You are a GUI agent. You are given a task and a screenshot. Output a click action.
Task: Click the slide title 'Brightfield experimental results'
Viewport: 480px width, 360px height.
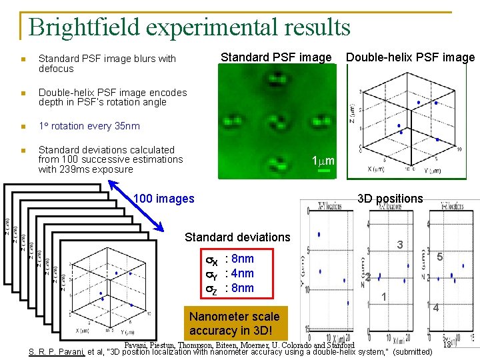pyautogui.click(x=190, y=27)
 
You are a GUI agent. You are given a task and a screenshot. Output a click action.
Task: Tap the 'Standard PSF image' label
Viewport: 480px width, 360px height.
pyautogui.click(x=276, y=57)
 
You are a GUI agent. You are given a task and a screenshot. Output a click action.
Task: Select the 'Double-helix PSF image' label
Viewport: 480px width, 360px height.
pyautogui.click(x=410, y=57)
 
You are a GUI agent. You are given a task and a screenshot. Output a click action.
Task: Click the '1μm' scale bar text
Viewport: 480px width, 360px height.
pyautogui.click(x=323, y=161)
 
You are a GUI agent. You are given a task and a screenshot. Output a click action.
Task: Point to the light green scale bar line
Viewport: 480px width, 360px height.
pyautogui.click(x=324, y=173)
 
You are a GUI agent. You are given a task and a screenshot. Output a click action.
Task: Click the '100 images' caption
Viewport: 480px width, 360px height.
pyautogui.click(x=164, y=198)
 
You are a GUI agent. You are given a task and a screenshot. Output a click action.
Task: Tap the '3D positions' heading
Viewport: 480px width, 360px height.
pyautogui.click(x=390, y=199)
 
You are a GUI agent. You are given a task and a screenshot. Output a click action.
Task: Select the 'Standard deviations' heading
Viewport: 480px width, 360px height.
pyautogui.click(x=237, y=237)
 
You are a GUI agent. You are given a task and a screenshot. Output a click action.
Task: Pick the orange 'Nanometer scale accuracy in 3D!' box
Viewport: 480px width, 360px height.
pyautogui.click(x=234, y=323)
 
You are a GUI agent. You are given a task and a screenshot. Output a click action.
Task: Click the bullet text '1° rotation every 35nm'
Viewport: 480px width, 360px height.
pyautogui.click(x=89, y=126)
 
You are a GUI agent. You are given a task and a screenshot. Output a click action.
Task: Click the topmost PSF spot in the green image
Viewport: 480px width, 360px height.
pyautogui.click(x=275, y=81)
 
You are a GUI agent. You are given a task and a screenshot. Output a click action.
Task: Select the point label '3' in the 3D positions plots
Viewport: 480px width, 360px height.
pyautogui.click(x=399, y=245)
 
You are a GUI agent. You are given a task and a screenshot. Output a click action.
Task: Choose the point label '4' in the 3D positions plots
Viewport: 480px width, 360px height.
pyautogui.click(x=435, y=308)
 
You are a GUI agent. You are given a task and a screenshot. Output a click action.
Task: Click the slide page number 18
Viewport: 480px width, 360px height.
pyautogui.click(x=447, y=345)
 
